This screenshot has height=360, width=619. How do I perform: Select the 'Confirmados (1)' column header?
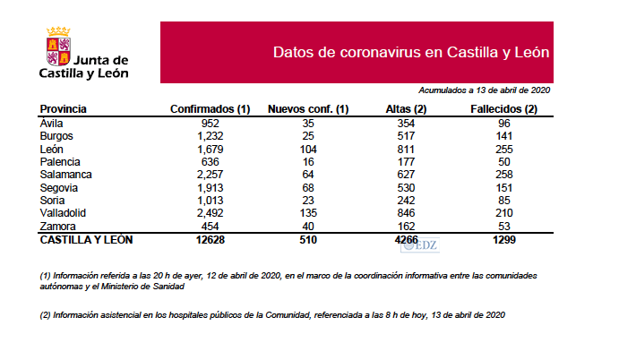(x=211, y=109)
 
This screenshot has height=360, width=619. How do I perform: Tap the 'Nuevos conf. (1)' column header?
(x=308, y=109)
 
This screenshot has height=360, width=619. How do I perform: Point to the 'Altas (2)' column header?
(x=406, y=109)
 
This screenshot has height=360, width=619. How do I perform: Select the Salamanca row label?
(x=66, y=174)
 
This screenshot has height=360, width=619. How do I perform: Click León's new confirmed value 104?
(x=308, y=149)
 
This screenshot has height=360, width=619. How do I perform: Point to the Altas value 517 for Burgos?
(x=406, y=135)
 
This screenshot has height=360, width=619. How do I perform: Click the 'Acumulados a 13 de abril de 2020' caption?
(x=484, y=90)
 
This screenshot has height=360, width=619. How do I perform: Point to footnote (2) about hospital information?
(x=279, y=315)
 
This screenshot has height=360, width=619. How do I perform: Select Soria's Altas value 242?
(x=406, y=200)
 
